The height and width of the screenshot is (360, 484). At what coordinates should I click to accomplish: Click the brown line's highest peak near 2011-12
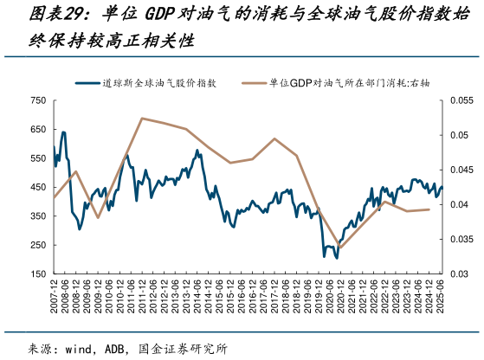pos(141,119)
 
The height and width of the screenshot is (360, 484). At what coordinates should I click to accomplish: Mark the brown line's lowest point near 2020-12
pos(339,247)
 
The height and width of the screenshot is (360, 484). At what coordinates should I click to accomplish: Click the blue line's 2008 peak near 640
pos(63,132)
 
